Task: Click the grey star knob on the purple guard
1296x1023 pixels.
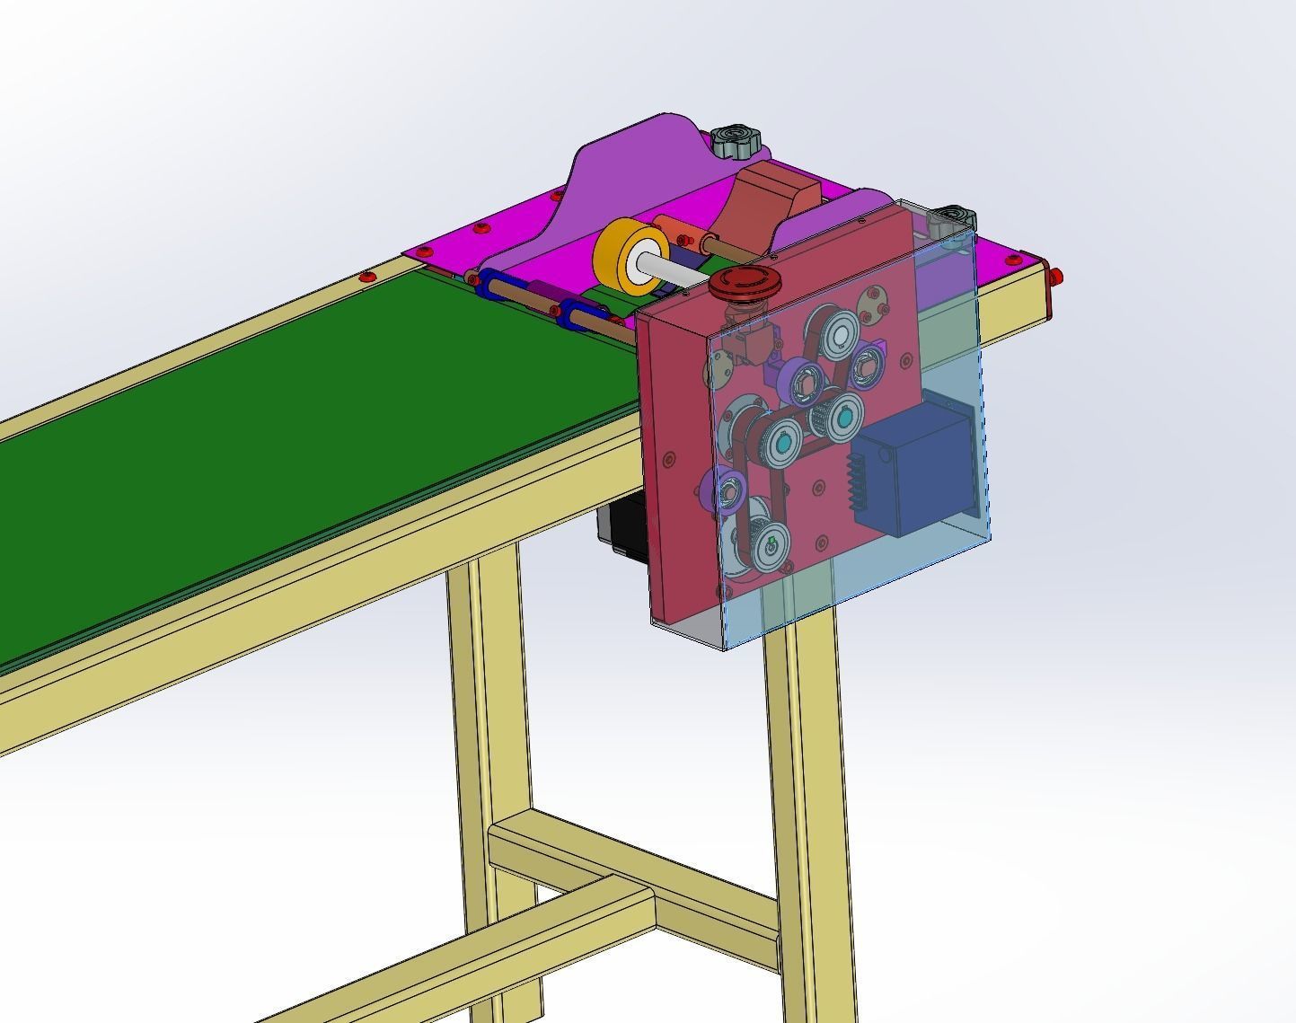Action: pos(736,141)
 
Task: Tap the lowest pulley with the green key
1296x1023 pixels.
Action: pos(770,549)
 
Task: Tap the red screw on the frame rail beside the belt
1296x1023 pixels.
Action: pos(366,277)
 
